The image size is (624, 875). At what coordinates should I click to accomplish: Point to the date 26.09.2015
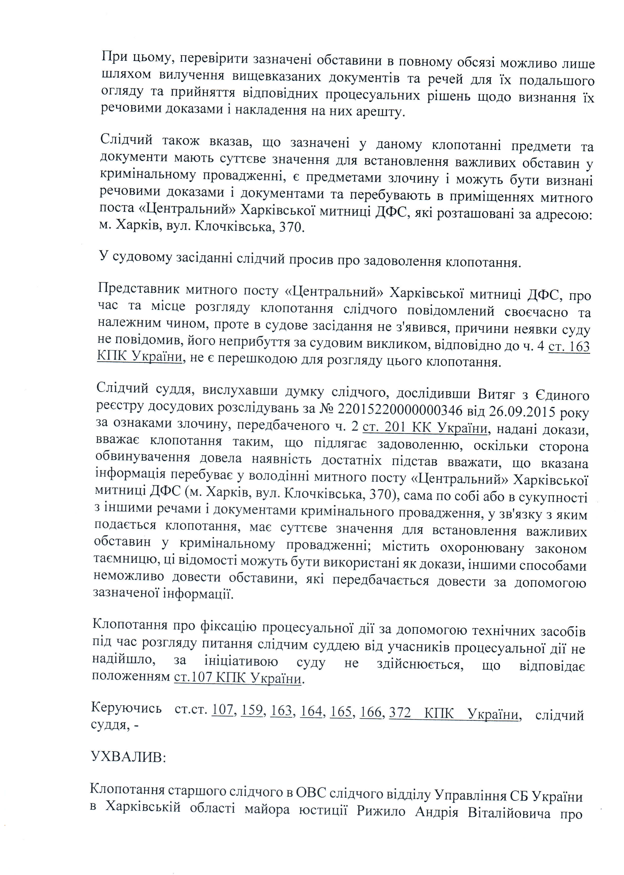[522, 411]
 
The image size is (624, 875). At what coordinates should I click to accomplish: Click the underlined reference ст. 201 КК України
[425, 428]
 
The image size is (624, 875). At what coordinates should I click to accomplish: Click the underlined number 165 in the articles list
[341, 712]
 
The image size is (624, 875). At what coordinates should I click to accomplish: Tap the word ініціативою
[241, 661]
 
